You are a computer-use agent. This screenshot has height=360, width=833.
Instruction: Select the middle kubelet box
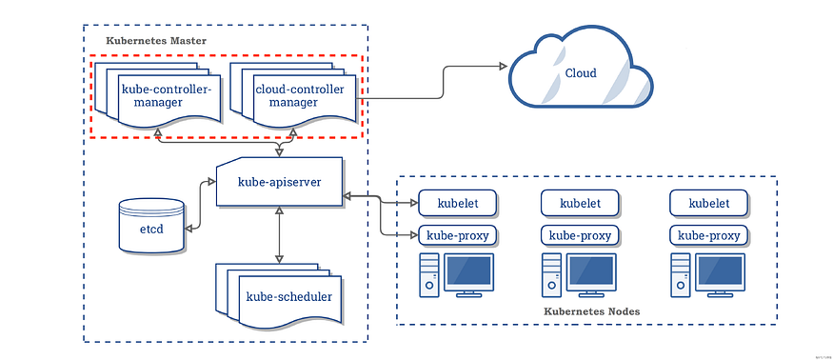pos(580,203)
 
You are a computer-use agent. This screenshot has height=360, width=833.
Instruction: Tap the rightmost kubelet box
pos(709,203)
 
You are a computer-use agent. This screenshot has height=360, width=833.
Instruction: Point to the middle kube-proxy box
pos(580,235)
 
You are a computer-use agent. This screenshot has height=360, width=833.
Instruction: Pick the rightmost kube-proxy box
pos(709,235)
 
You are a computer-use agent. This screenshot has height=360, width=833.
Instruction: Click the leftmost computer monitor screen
pos(469,271)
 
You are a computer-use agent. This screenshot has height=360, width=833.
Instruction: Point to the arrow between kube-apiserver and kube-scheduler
pos(278,233)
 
